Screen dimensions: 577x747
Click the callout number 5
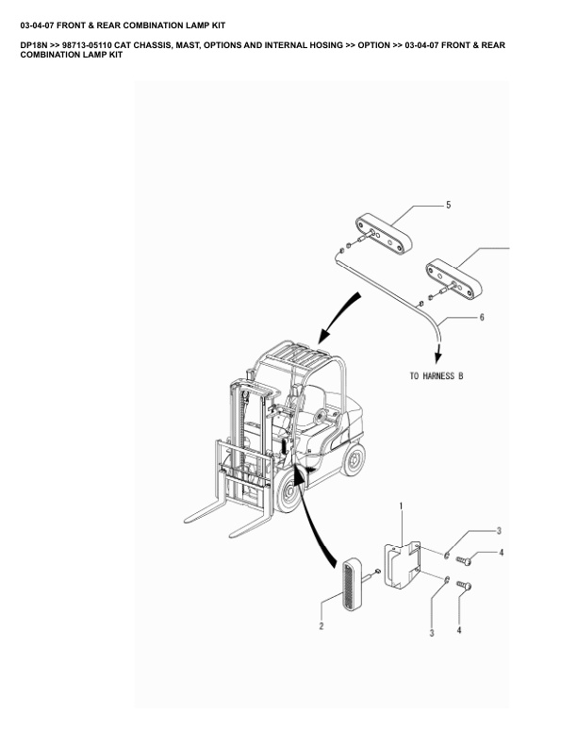tap(448, 205)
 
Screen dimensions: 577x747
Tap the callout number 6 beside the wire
tap(482, 317)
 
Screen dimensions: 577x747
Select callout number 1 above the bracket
tap(402, 506)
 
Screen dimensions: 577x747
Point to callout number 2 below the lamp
tap(321, 626)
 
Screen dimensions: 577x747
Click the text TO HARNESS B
tap(437, 376)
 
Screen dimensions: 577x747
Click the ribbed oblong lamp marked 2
tap(353, 583)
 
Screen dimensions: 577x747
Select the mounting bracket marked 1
tap(403, 565)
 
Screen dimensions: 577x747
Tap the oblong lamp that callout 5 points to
tap(384, 234)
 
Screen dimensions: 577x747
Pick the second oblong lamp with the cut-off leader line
tap(453, 279)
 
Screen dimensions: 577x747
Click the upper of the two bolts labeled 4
tap(464, 561)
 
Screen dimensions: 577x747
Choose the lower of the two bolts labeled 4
tap(464, 585)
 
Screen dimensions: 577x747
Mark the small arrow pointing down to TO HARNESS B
tap(438, 352)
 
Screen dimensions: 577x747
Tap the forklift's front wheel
tap(289, 491)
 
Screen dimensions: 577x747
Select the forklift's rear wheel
tap(354, 459)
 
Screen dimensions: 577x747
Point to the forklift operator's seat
tap(309, 407)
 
